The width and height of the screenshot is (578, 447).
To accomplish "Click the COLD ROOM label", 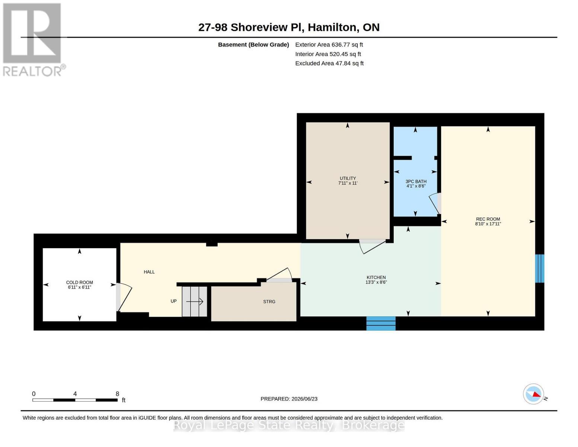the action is click(80, 282).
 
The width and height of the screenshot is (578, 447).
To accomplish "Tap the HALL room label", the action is click(149, 272).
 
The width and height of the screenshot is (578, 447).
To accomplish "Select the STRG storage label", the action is click(269, 302).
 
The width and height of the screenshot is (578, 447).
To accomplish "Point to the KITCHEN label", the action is click(376, 278).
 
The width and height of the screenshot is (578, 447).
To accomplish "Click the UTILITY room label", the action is click(348, 178).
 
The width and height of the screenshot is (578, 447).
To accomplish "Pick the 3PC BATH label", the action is click(416, 181).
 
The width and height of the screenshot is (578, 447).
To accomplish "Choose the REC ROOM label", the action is click(488, 219).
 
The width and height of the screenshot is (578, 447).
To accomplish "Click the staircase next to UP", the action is click(194, 302).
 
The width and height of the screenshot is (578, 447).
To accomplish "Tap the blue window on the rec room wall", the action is click(539, 268).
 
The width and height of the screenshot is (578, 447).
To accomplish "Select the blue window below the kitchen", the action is click(381, 323).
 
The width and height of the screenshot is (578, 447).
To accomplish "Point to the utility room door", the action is click(373, 246).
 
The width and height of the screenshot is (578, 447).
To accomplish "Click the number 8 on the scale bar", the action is click(117, 394).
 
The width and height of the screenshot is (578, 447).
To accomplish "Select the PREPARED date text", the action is click(289, 399).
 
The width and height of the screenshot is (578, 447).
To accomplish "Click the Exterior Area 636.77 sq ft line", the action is click(329, 45).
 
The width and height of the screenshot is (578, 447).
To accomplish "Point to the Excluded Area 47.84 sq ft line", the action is click(329, 63).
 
